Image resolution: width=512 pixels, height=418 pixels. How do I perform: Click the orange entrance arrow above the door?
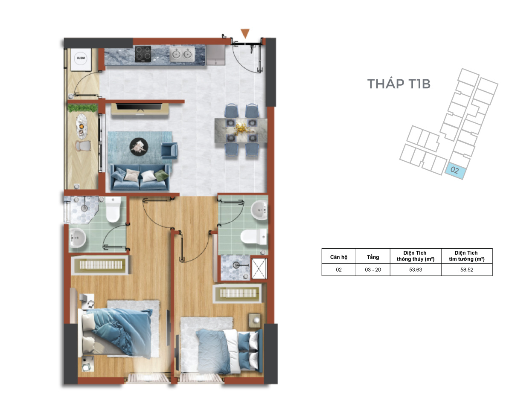(x=245, y=33)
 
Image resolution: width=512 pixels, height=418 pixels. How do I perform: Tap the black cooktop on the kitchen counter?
(x=143, y=54)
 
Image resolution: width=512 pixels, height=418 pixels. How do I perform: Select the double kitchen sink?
(x=182, y=54)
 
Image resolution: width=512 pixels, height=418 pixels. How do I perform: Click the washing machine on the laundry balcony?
(x=81, y=59)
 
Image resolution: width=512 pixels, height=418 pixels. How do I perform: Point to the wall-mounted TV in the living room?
(x=139, y=107)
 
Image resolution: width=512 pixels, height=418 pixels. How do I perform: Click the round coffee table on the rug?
(x=139, y=147)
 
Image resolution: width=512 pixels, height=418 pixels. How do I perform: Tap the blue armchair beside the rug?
(x=169, y=151)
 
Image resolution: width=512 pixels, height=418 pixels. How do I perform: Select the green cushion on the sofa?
(x=161, y=175)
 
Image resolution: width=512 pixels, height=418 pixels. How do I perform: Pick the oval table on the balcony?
(x=82, y=126)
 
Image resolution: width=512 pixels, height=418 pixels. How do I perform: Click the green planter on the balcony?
(x=83, y=108)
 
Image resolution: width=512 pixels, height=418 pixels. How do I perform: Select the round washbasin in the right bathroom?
(x=259, y=210)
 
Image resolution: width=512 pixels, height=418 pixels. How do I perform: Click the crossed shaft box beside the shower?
(x=259, y=268)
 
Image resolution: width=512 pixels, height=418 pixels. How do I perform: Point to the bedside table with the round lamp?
(x=255, y=320)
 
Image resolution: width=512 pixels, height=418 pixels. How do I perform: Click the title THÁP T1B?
(x=399, y=84)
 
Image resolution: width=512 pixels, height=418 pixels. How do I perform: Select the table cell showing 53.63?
(x=416, y=270)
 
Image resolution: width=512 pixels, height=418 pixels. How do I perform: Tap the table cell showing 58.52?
(x=467, y=270)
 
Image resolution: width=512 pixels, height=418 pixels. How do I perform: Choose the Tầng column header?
(x=372, y=257)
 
